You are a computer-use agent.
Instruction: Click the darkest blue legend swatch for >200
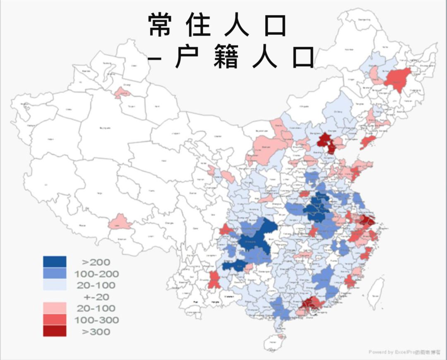(55, 262)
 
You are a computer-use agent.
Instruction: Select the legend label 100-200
(96, 274)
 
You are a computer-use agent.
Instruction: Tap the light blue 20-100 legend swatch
(55, 285)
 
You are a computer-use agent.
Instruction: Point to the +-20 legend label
(96, 297)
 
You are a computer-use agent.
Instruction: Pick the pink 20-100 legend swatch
(55, 308)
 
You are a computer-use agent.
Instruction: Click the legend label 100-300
(96, 320)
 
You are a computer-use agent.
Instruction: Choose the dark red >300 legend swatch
(55, 331)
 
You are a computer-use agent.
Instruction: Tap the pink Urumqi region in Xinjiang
(123, 93)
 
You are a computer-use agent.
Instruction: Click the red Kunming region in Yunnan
(214, 280)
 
